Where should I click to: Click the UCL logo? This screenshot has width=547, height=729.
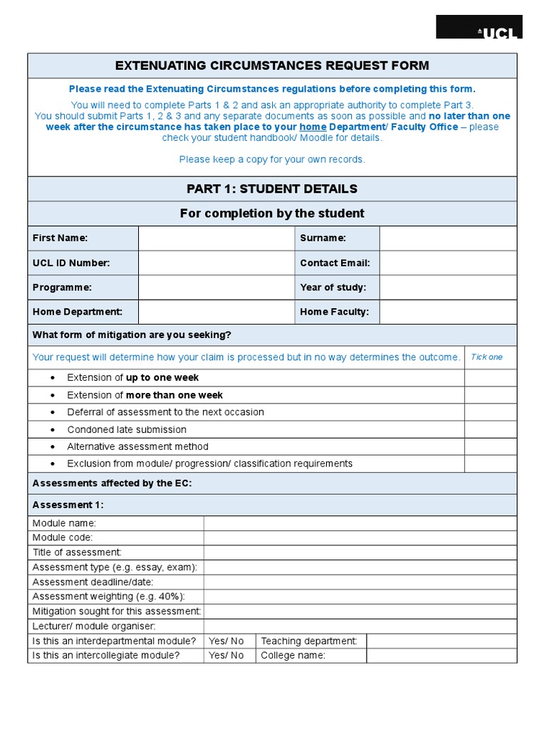tap(479, 28)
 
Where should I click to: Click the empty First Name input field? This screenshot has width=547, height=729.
tap(217, 238)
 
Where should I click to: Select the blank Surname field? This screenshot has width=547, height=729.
tap(448, 238)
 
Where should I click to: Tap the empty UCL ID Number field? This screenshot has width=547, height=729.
tap(217, 263)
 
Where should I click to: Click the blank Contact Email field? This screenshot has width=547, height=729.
tap(448, 263)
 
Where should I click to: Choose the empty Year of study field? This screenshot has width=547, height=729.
tap(448, 288)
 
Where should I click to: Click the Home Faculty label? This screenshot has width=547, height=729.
tap(334, 312)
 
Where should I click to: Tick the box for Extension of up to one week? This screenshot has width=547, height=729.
tap(491, 378)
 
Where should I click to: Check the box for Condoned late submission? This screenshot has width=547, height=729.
tap(491, 430)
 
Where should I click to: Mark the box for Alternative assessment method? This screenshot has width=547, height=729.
tap(491, 447)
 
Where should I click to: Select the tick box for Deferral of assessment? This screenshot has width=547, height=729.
tap(491, 412)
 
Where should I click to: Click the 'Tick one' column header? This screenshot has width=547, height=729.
tap(486, 357)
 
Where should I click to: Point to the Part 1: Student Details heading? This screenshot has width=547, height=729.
tap(272, 189)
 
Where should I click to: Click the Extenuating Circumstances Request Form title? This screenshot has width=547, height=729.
tap(272, 66)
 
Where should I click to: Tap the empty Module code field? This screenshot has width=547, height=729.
tap(360, 538)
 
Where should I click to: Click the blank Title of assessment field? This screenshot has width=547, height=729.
tap(360, 552)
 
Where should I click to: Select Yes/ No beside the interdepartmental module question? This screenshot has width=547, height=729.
tap(226, 641)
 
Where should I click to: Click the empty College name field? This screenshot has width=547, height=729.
tap(442, 656)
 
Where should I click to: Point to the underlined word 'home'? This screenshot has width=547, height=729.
tap(313, 127)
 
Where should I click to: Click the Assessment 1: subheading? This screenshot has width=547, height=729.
tap(68, 505)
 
